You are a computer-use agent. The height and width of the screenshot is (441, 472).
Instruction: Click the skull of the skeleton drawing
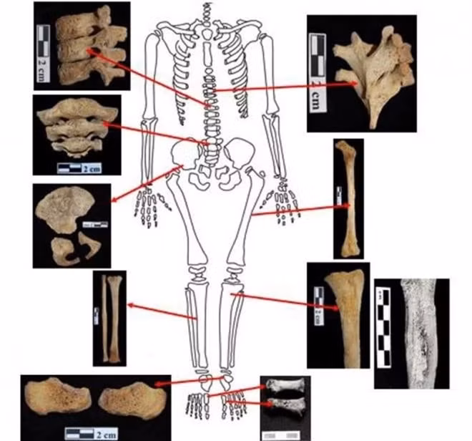tap(207, 11)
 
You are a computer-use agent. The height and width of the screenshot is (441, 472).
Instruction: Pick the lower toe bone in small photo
tap(285, 407)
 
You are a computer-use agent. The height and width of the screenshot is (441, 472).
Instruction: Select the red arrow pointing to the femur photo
tap(300, 210)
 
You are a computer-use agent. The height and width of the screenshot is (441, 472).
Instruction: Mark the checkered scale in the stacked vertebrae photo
tap(43, 47)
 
